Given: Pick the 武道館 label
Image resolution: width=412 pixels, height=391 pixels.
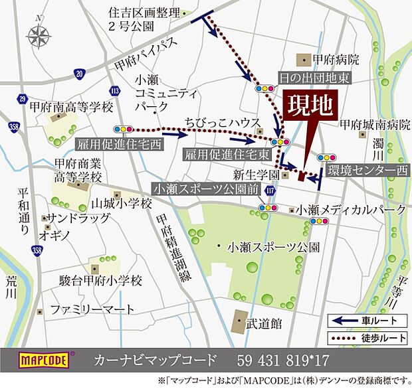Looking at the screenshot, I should pyautogui.click(x=264, y=324).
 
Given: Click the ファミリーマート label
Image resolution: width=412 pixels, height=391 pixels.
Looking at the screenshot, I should pyautogui.click(x=92, y=309).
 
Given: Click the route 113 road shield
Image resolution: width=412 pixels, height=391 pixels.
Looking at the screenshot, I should pyautogui.click(x=116, y=90).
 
